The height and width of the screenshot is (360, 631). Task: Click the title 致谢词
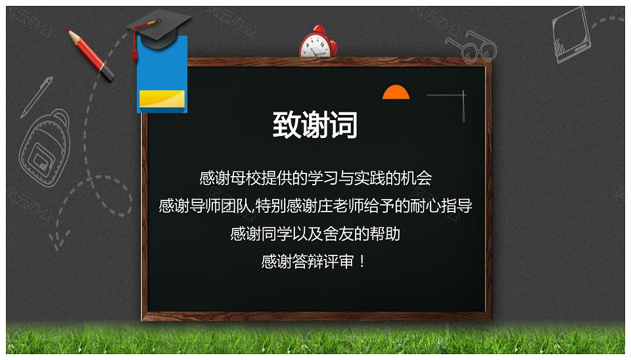click(x=315, y=125)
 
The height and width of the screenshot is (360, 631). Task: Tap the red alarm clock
click(x=318, y=42)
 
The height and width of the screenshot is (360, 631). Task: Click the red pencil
click(x=91, y=55)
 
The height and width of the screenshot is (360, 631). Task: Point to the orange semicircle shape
click(x=396, y=93)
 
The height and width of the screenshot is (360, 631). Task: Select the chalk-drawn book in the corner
click(x=572, y=35)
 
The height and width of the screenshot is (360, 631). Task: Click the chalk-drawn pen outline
click(x=37, y=97)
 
